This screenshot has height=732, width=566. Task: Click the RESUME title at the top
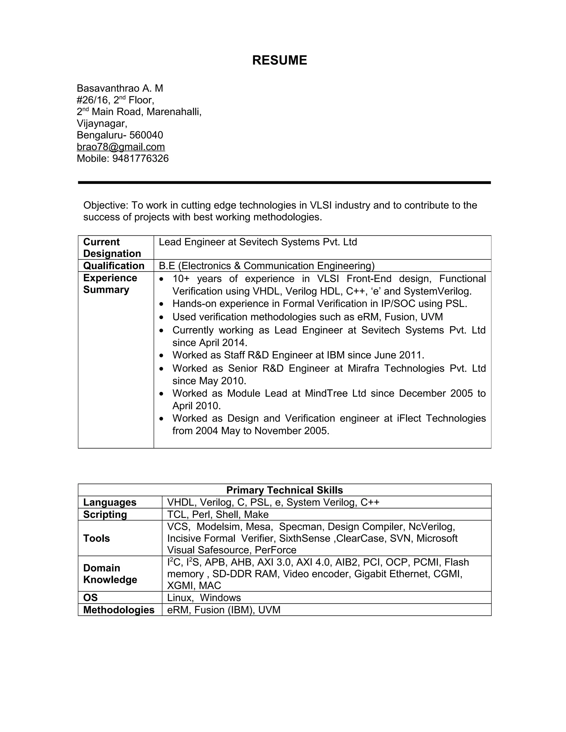[x=279, y=60]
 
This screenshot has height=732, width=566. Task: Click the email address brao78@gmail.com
[x=121, y=147]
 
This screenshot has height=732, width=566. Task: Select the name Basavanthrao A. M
[x=120, y=88]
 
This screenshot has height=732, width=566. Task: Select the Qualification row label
[x=114, y=266]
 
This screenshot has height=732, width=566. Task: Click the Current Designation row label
[x=112, y=248]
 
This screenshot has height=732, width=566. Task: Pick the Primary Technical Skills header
[x=284, y=490]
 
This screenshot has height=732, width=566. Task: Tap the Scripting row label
[x=105, y=515]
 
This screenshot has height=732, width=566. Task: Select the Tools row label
[x=96, y=538]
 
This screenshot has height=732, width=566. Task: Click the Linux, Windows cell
[x=204, y=597]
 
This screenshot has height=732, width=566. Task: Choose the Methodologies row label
[x=119, y=610]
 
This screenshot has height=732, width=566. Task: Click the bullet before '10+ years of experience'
[x=162, y=279]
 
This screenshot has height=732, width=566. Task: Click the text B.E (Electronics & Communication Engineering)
[x=267, y=266]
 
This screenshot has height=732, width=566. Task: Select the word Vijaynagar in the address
[x=102, y=123]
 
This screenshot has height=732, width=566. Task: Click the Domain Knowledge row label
[x=110, y=574]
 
